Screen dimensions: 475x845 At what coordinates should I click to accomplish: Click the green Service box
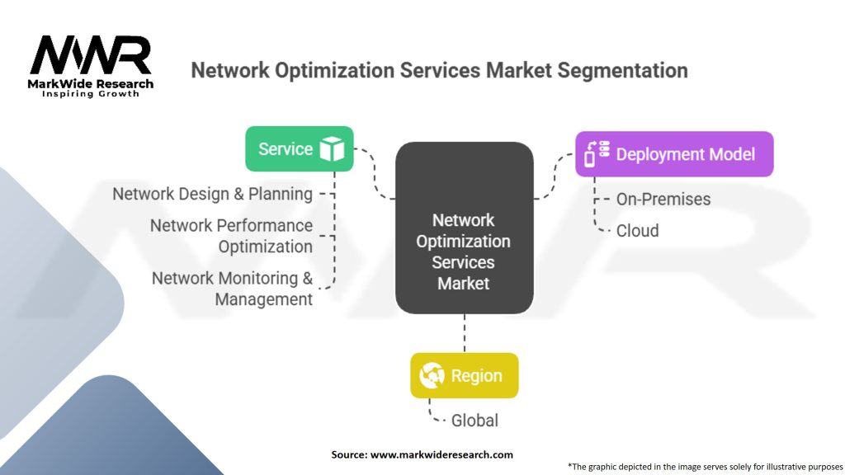click(299, 149)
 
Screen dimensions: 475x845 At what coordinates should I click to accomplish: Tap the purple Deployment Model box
click(674, 154)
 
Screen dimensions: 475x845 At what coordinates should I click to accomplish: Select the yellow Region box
click(465, 376)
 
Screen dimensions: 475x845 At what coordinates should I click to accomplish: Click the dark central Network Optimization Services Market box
click(464, 228)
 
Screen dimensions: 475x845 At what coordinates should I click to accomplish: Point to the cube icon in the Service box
click(332, 149)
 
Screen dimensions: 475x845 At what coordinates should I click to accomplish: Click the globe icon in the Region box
click(432, 376)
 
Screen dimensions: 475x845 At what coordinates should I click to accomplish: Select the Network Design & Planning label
click(212, 195)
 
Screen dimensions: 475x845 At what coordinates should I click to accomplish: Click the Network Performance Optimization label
click(231, 236)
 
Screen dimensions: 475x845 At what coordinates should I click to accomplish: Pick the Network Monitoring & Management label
click(232, 289)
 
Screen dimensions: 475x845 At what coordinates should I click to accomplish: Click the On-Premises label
click(663, 199)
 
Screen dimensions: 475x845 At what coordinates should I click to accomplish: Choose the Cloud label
click(637, 231)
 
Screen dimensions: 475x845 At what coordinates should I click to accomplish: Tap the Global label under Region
click(474, 421)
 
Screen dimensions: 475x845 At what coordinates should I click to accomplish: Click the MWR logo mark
click(91, 56)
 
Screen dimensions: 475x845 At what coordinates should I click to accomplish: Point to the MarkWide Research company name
click(91, 83)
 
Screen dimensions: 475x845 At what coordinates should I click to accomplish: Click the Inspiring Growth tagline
click(91, 94)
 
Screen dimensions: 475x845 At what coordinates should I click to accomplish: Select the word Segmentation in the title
click(622, 70)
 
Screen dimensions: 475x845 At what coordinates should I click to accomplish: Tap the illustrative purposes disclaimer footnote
click(705, 466)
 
